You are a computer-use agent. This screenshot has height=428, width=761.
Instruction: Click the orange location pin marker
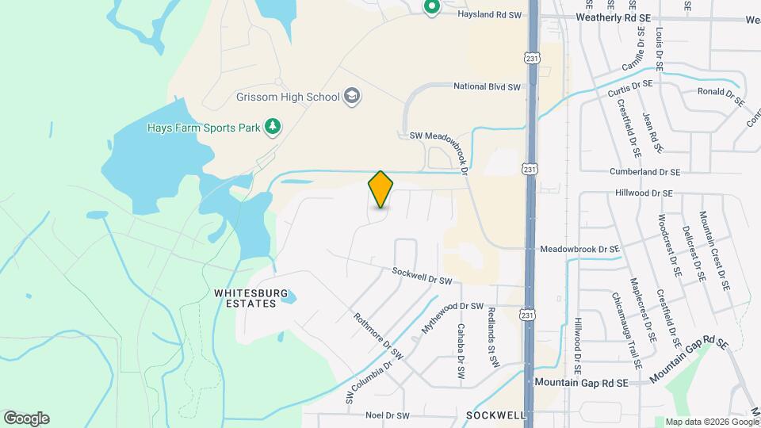point(380,189)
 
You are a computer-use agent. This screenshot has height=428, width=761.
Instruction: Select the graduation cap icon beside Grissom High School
point(352,97)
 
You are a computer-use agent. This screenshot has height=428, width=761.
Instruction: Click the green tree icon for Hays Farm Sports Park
point(273,127)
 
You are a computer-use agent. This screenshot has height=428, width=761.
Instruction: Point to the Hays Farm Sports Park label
point(204,127)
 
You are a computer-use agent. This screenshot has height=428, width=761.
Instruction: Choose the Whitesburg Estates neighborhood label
point(246,298)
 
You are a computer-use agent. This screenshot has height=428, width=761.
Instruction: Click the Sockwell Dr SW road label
point(422,276)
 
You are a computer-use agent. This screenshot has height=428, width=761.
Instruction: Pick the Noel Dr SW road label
point(388,415)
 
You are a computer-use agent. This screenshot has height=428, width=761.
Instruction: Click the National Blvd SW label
point(486,86)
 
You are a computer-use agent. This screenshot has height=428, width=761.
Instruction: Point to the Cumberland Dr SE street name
point(644,171)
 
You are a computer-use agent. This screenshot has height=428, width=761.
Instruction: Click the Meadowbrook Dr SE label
point(579,248)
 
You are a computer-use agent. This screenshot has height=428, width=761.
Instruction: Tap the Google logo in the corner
point(26,418)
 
